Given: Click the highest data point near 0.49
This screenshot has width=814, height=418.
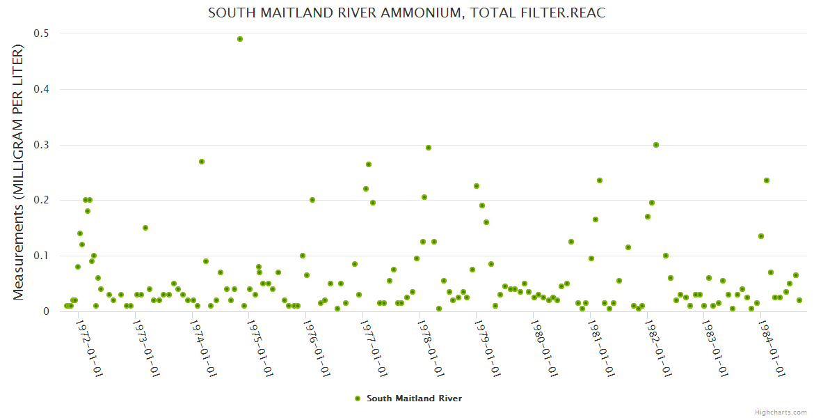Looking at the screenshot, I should pos(240,39).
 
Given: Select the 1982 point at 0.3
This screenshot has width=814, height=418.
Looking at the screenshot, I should pos(656,145).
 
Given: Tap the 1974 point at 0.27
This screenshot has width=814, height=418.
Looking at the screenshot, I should pos(202,162).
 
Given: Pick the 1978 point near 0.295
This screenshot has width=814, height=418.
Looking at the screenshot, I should pos(429,148).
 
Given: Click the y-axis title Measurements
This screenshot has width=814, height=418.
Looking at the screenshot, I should pos(19,172).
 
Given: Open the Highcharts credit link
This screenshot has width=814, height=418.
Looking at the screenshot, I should pos(781,412).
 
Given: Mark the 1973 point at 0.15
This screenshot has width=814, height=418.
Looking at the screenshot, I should pos(145,228).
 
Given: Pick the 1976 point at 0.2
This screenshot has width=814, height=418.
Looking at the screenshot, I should pos(312,200).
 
